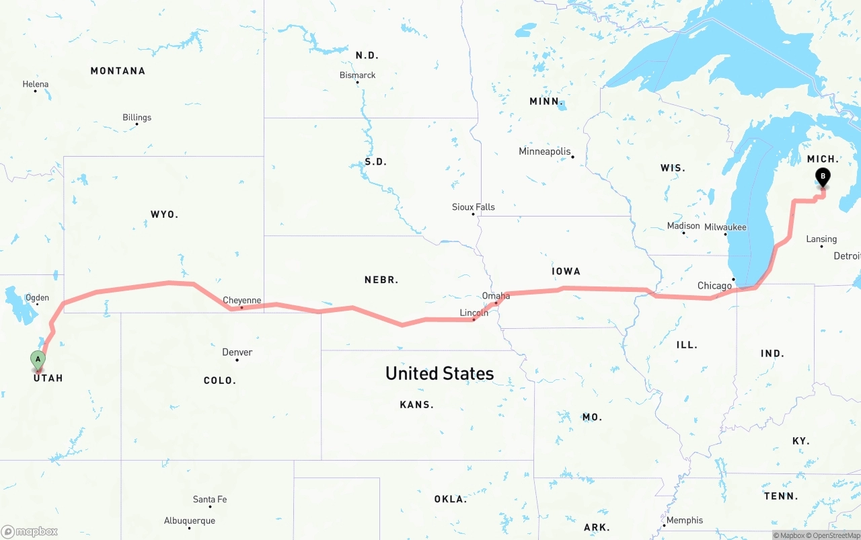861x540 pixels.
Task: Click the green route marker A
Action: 38,360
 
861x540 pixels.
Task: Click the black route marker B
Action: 822,178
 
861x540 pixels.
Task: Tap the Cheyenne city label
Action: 241,301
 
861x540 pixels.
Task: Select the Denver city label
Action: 237,352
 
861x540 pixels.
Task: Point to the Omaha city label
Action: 496,296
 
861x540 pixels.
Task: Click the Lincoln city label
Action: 474,313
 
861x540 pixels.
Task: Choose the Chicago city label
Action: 714,286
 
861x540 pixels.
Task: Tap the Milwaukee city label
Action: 725,227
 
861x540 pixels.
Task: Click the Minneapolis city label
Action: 544,152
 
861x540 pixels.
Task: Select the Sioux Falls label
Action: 473,207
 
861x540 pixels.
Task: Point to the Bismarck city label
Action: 357,75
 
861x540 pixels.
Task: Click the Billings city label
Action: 137,118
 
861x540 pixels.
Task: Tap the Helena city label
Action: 36,85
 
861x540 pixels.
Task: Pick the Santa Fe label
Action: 209,500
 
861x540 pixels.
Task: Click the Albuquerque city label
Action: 190,521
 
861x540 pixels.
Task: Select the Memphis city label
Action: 685,520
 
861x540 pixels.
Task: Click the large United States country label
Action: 439,373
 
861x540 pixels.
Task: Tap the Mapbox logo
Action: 30,531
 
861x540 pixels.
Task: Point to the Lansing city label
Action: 821,239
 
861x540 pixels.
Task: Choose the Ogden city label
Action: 37,298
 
